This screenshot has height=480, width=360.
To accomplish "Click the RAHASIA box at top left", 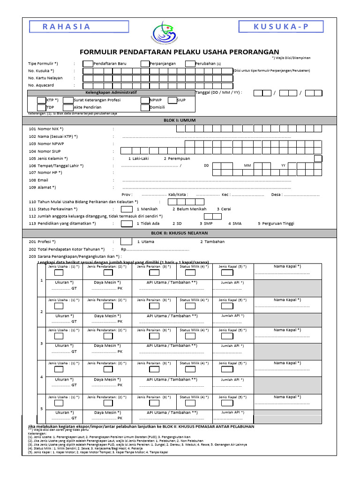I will coord(66,27).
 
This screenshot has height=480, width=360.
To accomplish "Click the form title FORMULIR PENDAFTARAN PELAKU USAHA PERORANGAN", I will coord(179,52).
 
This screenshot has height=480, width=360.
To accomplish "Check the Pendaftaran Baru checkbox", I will coord(88,63).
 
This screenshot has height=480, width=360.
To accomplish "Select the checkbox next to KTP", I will coord(42,100).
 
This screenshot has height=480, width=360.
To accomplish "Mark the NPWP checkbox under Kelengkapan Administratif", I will coord(144,100).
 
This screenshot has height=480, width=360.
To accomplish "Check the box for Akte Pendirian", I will coord(68,107).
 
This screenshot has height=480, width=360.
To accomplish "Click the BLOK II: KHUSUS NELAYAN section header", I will coord(180,233).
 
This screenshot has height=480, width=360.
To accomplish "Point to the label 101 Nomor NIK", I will coord(46,128).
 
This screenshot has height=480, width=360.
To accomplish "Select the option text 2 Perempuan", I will coord(177,158).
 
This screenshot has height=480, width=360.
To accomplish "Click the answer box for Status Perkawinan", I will coord(127,209).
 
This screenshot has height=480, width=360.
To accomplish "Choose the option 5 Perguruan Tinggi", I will coord(276,224).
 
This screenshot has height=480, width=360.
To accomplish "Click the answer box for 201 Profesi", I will coord(127,242).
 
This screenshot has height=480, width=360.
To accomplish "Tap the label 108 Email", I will coord(38,180).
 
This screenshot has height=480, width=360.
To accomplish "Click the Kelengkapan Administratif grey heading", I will coord(111,93).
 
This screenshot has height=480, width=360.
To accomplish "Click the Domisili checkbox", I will coord(144,107).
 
